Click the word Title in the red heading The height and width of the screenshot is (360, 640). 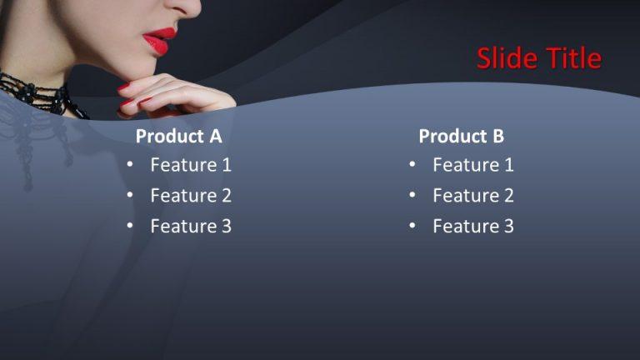click(x=573, y=58)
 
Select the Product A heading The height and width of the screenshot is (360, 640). click(x=179, y=136)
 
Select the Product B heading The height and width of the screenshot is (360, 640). click(x=461, y=136)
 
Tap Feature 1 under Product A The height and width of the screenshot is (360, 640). click(x=191, y=165)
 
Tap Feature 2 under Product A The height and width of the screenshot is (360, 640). click(x=191, y=196)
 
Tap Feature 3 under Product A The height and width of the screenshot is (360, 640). click(x=191, y=226)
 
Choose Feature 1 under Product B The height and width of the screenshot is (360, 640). click(x=473, y=165)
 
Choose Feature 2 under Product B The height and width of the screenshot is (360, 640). click(x=473, y=196)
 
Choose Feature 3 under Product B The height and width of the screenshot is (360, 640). click(x=473, y=226)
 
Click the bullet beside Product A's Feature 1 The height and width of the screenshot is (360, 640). click(x=130, y=165)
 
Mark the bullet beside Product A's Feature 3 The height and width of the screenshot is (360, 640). click(x=130, y=226)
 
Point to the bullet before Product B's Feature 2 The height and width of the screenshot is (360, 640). click(x=412, y=196)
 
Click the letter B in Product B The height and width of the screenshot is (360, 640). click(x=497, y=136)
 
